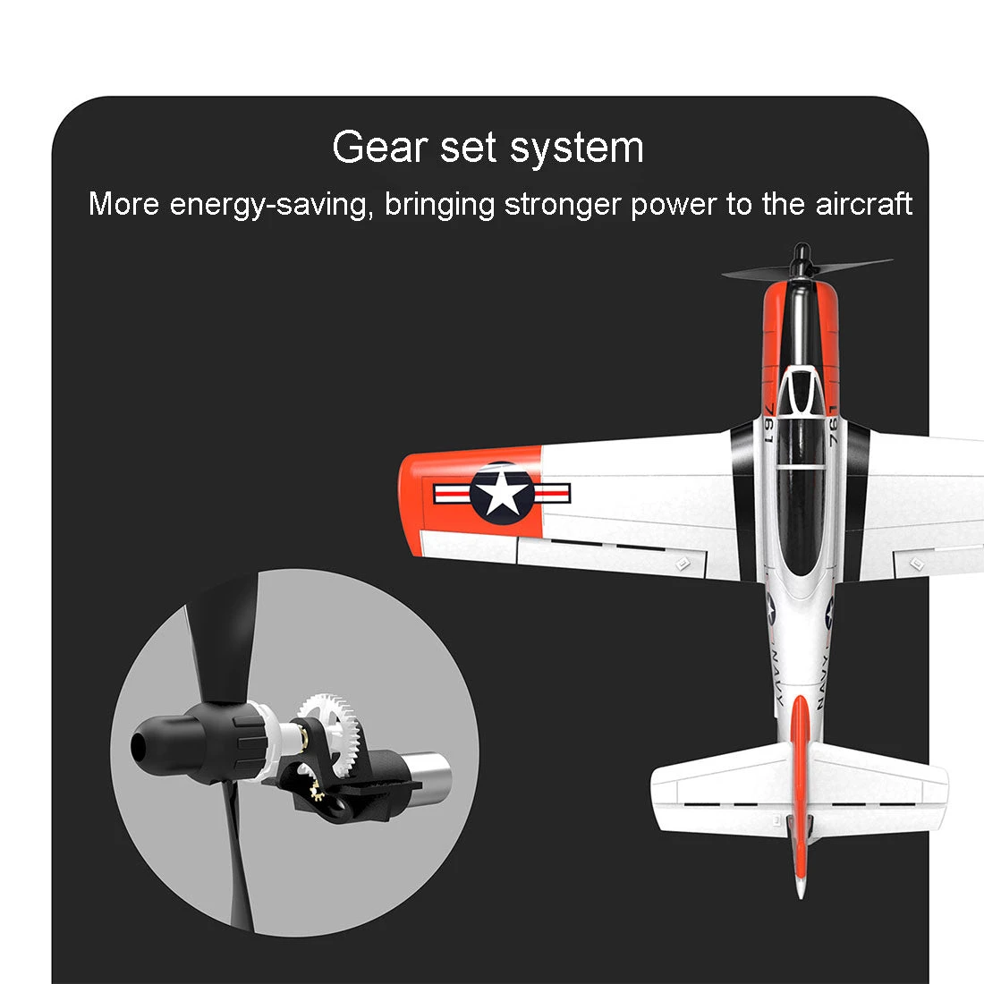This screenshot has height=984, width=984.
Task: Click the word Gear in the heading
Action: pyautogui.click(x=379, y=148)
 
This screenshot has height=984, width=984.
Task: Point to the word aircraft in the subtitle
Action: pyautogui.click(x=863, y=204)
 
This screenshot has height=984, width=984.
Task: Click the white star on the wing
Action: pyautogui.click(x=502, y=493)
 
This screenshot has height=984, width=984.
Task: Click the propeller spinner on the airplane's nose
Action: pyautogui.click(x=800, y=260)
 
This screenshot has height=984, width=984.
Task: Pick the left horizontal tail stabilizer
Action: pyautogui.click(x=722, y=787)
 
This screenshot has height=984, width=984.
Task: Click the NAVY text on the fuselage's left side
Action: pyautogui.click(x=776, y=678)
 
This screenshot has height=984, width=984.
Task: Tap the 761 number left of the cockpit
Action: pyautogui.click(x=768, y=424)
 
